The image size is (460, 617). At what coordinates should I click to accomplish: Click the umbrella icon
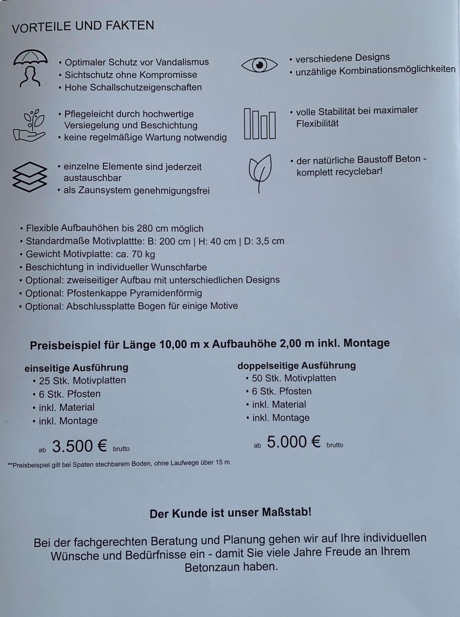point(30,68)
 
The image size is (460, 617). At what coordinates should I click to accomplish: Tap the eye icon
point(259,65)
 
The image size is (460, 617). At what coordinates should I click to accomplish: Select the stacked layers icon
point(30,177)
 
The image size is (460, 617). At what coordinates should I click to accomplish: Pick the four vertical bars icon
point(259,124)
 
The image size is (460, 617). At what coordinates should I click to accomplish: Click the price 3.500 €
point(80,446)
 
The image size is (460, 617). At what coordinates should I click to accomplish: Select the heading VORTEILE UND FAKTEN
point(83,26)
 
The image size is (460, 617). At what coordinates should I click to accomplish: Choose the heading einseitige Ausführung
point(76,368)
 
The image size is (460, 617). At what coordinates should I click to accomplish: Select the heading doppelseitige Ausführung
point(296,365)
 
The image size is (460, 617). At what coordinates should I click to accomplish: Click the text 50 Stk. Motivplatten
point(294,378)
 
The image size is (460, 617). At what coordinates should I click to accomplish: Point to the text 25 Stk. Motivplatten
point(82,380)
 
